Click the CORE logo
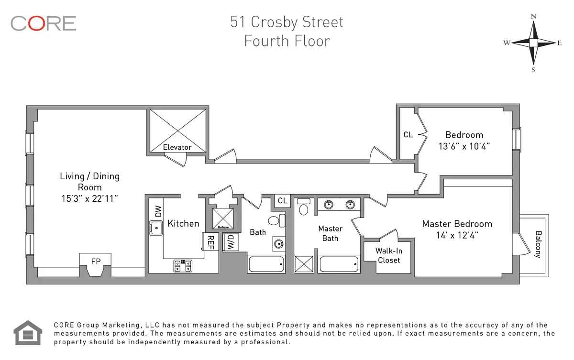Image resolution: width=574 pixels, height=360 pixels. tap(43, 23)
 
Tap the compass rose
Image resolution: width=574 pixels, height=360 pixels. tap(533, 43)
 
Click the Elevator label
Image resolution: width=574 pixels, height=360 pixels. tap(177, 147)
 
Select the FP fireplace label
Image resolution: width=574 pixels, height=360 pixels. tap(95, 262)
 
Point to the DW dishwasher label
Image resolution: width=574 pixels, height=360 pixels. tap(157, 211)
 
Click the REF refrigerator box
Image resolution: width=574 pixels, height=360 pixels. tap(210, 242)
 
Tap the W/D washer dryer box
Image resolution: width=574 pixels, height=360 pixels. tap(230, 242)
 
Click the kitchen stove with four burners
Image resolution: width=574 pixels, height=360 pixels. tap(183, 265)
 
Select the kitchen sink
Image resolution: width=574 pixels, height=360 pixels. tap(156, 228)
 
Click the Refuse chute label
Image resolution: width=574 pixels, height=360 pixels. tap(223, 227)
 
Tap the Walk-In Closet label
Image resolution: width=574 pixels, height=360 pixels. tap(388, 255)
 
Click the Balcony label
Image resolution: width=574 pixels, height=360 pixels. tap(538, 244)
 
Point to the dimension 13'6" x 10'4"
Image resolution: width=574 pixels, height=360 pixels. tap(464, 146)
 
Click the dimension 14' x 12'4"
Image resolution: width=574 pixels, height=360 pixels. tap(457, 235)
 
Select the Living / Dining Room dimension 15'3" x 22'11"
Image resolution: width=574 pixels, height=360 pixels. tap(89, 198)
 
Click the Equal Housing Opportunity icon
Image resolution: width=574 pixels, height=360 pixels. tap(28, 333)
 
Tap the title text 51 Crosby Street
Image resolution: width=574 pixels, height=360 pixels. tap(287, 22)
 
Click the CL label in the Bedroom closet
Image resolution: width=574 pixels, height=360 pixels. tap(408, 135)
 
